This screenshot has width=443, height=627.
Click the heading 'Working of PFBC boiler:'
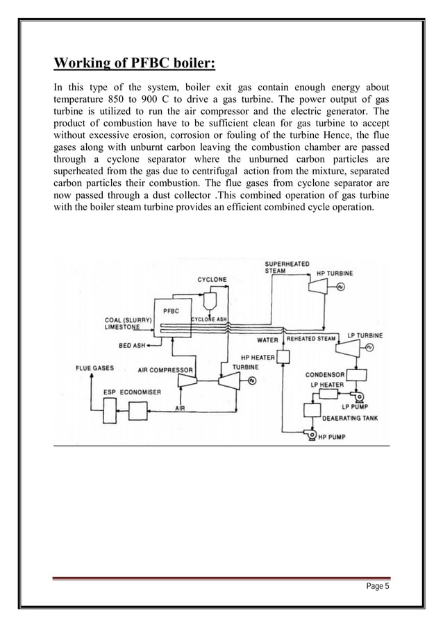pos(135,65)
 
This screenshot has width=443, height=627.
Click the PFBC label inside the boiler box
pos(171,310)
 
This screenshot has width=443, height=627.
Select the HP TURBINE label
pos(335,273)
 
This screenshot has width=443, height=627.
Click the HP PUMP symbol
pos(306,437)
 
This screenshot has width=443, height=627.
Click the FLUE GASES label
pos(95,367)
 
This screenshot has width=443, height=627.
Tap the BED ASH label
pos(132,344)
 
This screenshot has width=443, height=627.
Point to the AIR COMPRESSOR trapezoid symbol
pos(187,381)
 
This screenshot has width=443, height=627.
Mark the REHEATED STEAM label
pos(311,339)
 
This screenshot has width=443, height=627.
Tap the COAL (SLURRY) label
pos(126,320)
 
